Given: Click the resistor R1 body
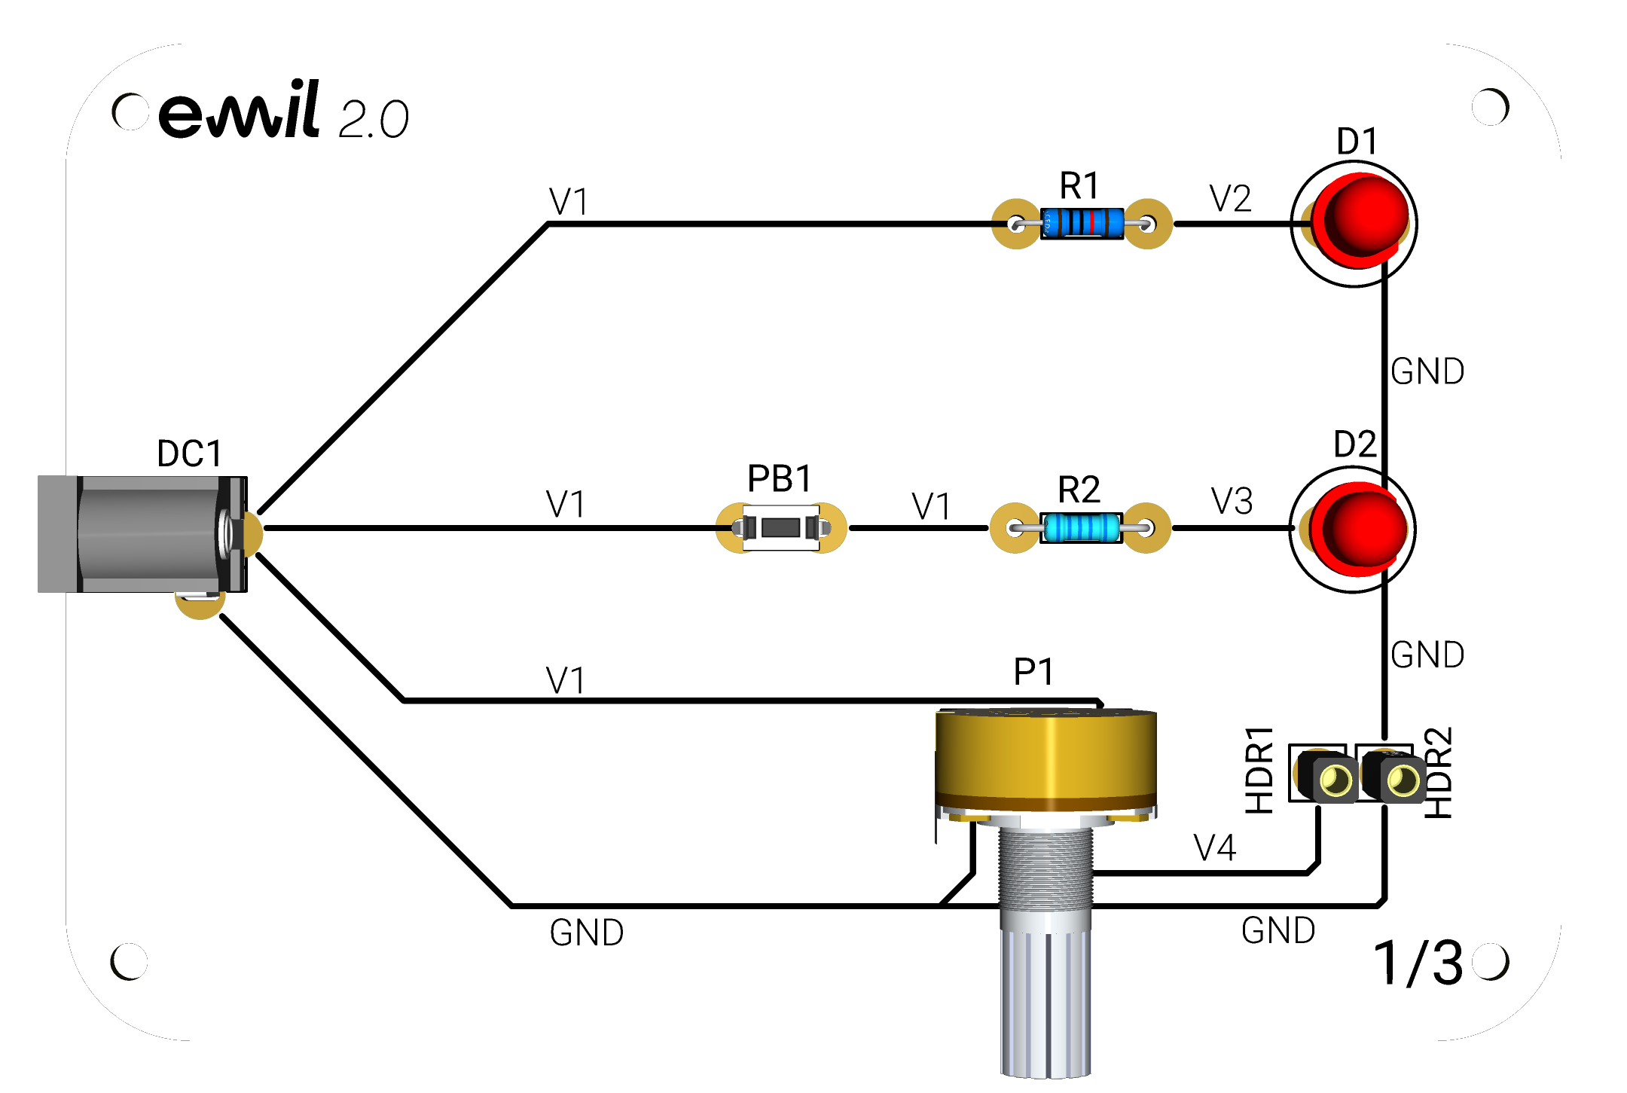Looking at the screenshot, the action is (1082, 224).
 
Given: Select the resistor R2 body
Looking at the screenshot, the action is (1081, 528).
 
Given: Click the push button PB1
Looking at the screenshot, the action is (781, 527).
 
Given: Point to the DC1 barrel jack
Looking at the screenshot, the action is (143, 534).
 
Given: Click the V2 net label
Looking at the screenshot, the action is (1230, 199).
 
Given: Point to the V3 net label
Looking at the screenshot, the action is (1232, 501).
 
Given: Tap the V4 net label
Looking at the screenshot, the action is (1215, 848).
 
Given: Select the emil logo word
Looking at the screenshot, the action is (240, 110).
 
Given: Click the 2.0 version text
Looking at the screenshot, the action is (374, 119).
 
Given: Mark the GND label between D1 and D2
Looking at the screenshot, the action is (1427, 371).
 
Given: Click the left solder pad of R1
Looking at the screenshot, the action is (1016, 224).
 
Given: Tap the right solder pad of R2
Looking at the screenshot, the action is (1146, 528).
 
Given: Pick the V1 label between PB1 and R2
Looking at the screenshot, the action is (931, 506).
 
